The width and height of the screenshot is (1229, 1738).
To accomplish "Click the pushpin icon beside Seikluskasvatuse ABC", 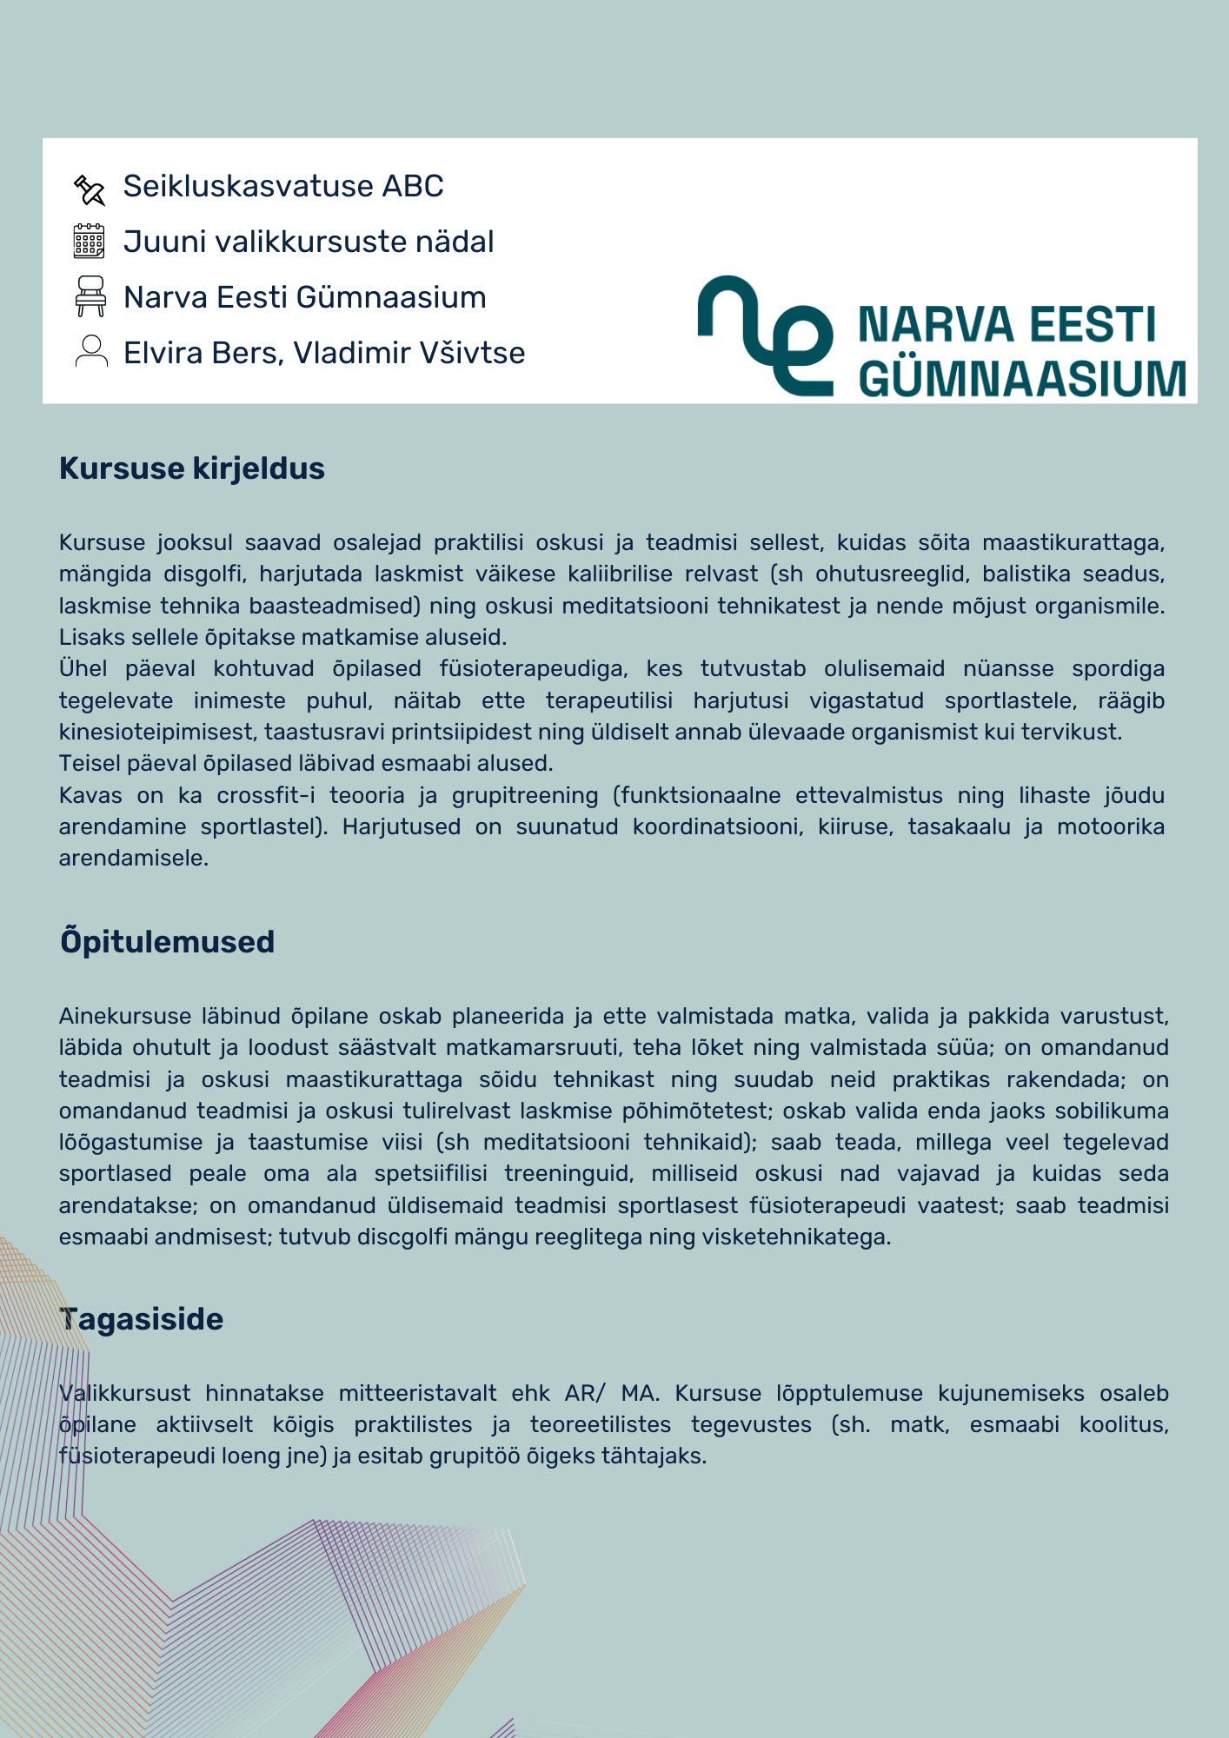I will click(90, 189).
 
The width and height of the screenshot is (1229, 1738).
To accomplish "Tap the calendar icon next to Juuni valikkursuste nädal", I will click(90, 242).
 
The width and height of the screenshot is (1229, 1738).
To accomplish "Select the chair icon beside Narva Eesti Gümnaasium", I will click(90, 296).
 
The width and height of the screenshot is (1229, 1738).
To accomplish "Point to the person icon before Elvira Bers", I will click(91, 352).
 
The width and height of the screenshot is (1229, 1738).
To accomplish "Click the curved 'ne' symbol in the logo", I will click(766, 335).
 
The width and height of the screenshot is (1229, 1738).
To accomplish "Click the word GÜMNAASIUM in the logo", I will click(1022, 379).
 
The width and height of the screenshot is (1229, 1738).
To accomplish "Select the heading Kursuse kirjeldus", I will click(192, 468).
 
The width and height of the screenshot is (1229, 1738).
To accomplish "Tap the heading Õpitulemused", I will click(168, 942).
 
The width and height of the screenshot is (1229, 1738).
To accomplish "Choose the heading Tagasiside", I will click(142, 1319).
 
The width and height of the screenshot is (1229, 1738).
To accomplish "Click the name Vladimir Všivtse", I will click(409, 353).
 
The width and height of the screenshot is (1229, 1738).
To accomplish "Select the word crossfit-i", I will click(267, 796).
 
